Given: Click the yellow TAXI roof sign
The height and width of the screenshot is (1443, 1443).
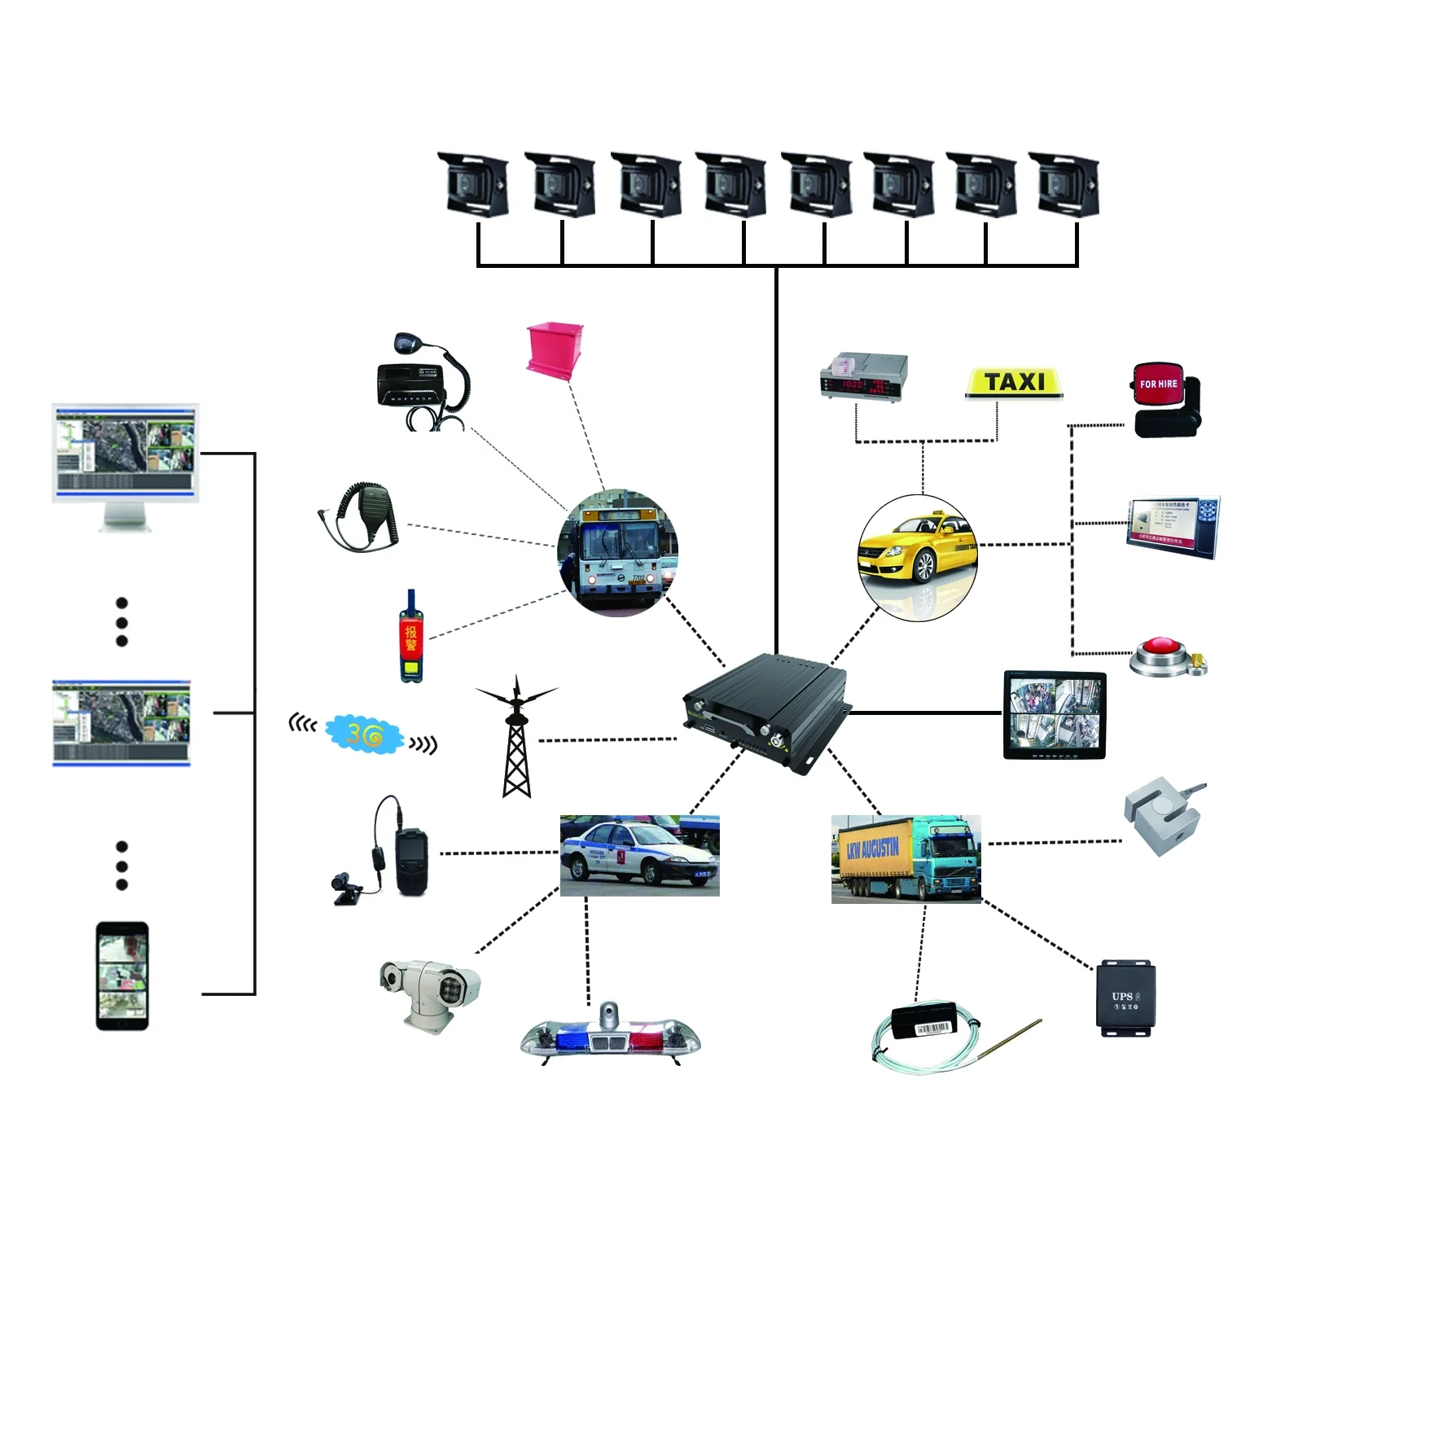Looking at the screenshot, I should [1014, 383].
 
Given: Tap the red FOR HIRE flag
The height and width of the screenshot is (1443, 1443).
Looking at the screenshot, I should [1157, 384].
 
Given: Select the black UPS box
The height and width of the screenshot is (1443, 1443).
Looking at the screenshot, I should [1125, 998].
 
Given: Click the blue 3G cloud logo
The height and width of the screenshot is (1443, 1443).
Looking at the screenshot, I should [364, 735].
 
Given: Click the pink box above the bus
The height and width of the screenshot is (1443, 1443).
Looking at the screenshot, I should [555, 348].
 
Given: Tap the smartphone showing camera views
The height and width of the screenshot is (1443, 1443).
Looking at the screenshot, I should [122, 976].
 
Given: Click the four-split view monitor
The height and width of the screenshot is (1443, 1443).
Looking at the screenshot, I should [1055, 715].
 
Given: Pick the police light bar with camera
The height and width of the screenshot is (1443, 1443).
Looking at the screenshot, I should [610, 1037].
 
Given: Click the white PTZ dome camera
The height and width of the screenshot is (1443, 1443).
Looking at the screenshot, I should [431, 993].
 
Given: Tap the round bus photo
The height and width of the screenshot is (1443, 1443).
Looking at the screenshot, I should [618, 553].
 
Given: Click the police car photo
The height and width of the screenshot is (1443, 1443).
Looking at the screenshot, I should [639, 855].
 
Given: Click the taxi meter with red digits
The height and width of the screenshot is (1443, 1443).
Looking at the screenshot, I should [863, 378].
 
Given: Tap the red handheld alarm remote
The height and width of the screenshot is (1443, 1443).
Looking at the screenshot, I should [410, 638].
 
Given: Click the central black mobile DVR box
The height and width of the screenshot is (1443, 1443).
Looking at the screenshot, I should [765, 710].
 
